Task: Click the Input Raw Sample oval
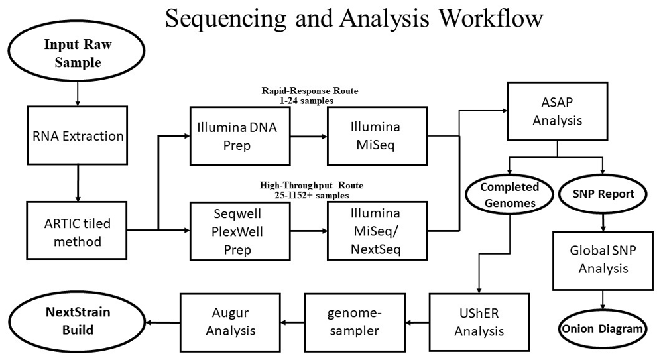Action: coord(76,51)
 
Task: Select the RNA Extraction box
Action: coord(78,135)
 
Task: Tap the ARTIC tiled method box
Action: coord(77,231)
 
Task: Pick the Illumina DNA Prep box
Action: coord(240,136)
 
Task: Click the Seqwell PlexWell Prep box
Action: coord(240,231)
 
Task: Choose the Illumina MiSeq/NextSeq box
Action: coord(377,231)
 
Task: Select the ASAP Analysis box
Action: coord(558,111)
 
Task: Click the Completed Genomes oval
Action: coord(509,195)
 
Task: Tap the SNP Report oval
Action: coord(603,194)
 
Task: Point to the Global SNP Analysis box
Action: coord(603,261)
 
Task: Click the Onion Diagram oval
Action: coord(603,329)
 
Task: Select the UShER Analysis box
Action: coord(479,322)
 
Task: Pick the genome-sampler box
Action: coord(355,322)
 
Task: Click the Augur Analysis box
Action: coord(231,322)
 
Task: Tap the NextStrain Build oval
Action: coord(78,321)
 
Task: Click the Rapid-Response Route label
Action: coord(310,91)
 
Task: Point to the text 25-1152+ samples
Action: coord(311,196)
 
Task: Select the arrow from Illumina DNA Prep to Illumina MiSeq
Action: coord(309,136)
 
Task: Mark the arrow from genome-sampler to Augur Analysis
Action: coord(292,323)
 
